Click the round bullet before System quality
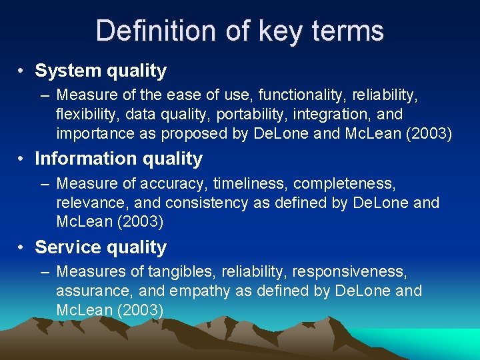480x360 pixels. point(23,71)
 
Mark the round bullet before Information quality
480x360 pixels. point(23,159)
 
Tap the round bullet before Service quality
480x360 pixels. point(23,248)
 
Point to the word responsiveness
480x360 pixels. point(349,272)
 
